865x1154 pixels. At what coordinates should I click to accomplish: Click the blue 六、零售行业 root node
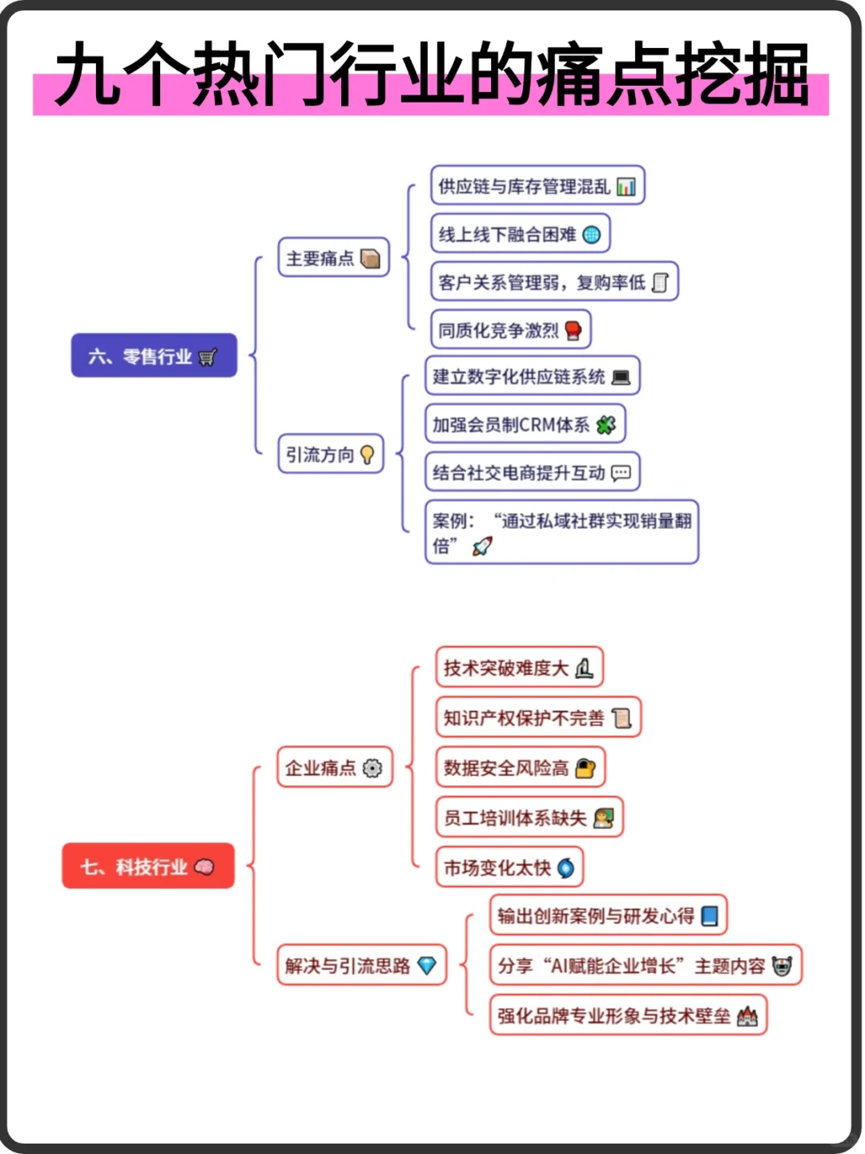154,355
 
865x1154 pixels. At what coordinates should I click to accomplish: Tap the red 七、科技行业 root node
148,865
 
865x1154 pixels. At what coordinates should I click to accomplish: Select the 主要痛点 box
333,257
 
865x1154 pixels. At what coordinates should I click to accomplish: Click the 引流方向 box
330,454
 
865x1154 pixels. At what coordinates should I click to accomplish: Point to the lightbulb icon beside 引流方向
368,454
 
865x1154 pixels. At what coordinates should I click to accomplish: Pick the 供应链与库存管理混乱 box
537,186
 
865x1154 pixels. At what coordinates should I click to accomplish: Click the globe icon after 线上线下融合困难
591,234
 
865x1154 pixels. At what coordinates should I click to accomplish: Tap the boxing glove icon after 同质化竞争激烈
573,330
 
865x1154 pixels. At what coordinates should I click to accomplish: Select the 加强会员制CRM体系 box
525,424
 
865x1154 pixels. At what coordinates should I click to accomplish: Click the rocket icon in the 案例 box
482,547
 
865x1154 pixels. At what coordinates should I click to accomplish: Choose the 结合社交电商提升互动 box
532,472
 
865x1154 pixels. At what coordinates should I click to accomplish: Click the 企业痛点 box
334,767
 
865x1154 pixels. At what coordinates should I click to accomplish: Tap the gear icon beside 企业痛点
372,768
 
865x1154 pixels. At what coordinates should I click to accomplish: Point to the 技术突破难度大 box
518,668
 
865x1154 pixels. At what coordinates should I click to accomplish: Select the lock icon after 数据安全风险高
585,768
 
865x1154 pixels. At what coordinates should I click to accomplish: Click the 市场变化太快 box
509,867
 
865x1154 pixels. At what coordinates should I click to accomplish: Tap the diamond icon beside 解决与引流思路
427,965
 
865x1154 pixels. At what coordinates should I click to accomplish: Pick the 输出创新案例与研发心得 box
608,915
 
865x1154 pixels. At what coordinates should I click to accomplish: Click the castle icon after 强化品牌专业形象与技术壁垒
746,1015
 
